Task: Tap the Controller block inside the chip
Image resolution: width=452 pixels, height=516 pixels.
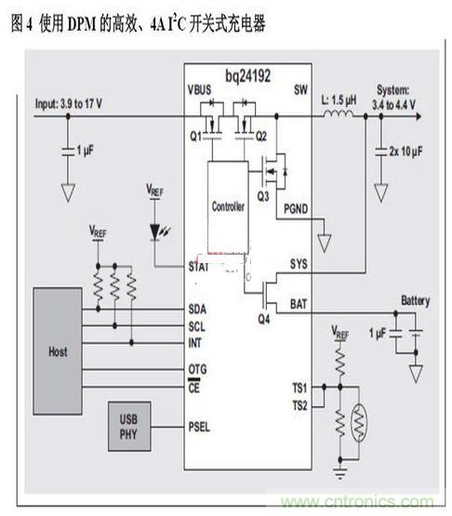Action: coord(228,206)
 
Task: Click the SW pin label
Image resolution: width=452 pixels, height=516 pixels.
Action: coord(299,90)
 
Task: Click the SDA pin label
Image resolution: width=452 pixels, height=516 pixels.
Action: coord(197,309)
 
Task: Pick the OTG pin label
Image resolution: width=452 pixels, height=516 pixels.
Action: coord(197,369)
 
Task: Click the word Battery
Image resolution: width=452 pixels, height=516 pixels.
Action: coord(415,301)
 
